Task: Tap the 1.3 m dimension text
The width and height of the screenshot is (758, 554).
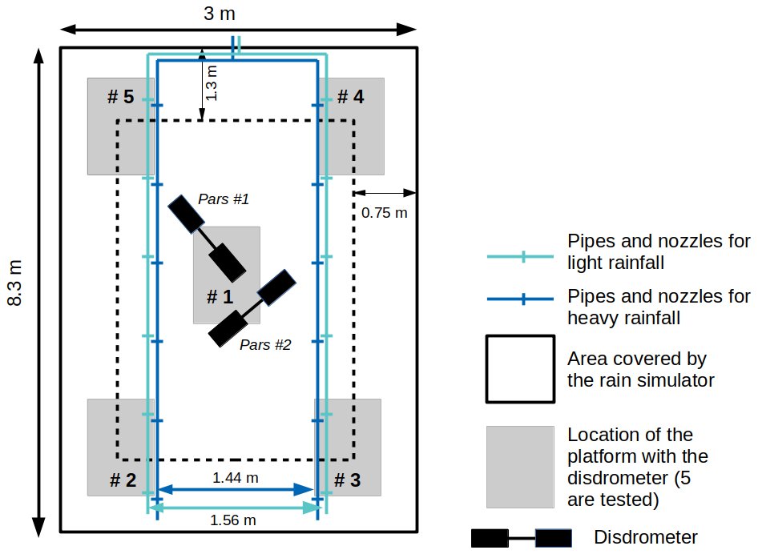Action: coord(212,83)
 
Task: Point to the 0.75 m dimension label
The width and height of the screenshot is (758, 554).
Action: coord(384,213)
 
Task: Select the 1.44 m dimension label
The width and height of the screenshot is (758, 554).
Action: coord(235,478)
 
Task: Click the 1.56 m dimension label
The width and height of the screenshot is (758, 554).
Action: coord(232,520)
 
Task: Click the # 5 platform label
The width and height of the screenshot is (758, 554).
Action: coord(120,97)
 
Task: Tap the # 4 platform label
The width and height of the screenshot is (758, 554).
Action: coord(350,97)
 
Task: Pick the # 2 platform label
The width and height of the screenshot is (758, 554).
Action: coord(123,480)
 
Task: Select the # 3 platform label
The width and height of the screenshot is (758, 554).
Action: coord(347,480)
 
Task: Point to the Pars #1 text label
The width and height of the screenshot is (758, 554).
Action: coord(224,199)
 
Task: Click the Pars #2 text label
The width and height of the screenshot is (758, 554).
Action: coord(265,345)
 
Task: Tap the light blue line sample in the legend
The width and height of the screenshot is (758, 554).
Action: coord(521,257)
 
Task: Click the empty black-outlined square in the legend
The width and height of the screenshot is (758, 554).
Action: coord(520,369)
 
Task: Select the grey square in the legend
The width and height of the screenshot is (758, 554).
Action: coord(520,467)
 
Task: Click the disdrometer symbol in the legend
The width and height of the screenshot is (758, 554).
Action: coord(521,538)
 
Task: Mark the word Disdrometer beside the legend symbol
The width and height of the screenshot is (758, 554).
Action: coord(646,537)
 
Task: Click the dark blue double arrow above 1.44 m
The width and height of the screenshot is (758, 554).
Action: coord(236,489)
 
